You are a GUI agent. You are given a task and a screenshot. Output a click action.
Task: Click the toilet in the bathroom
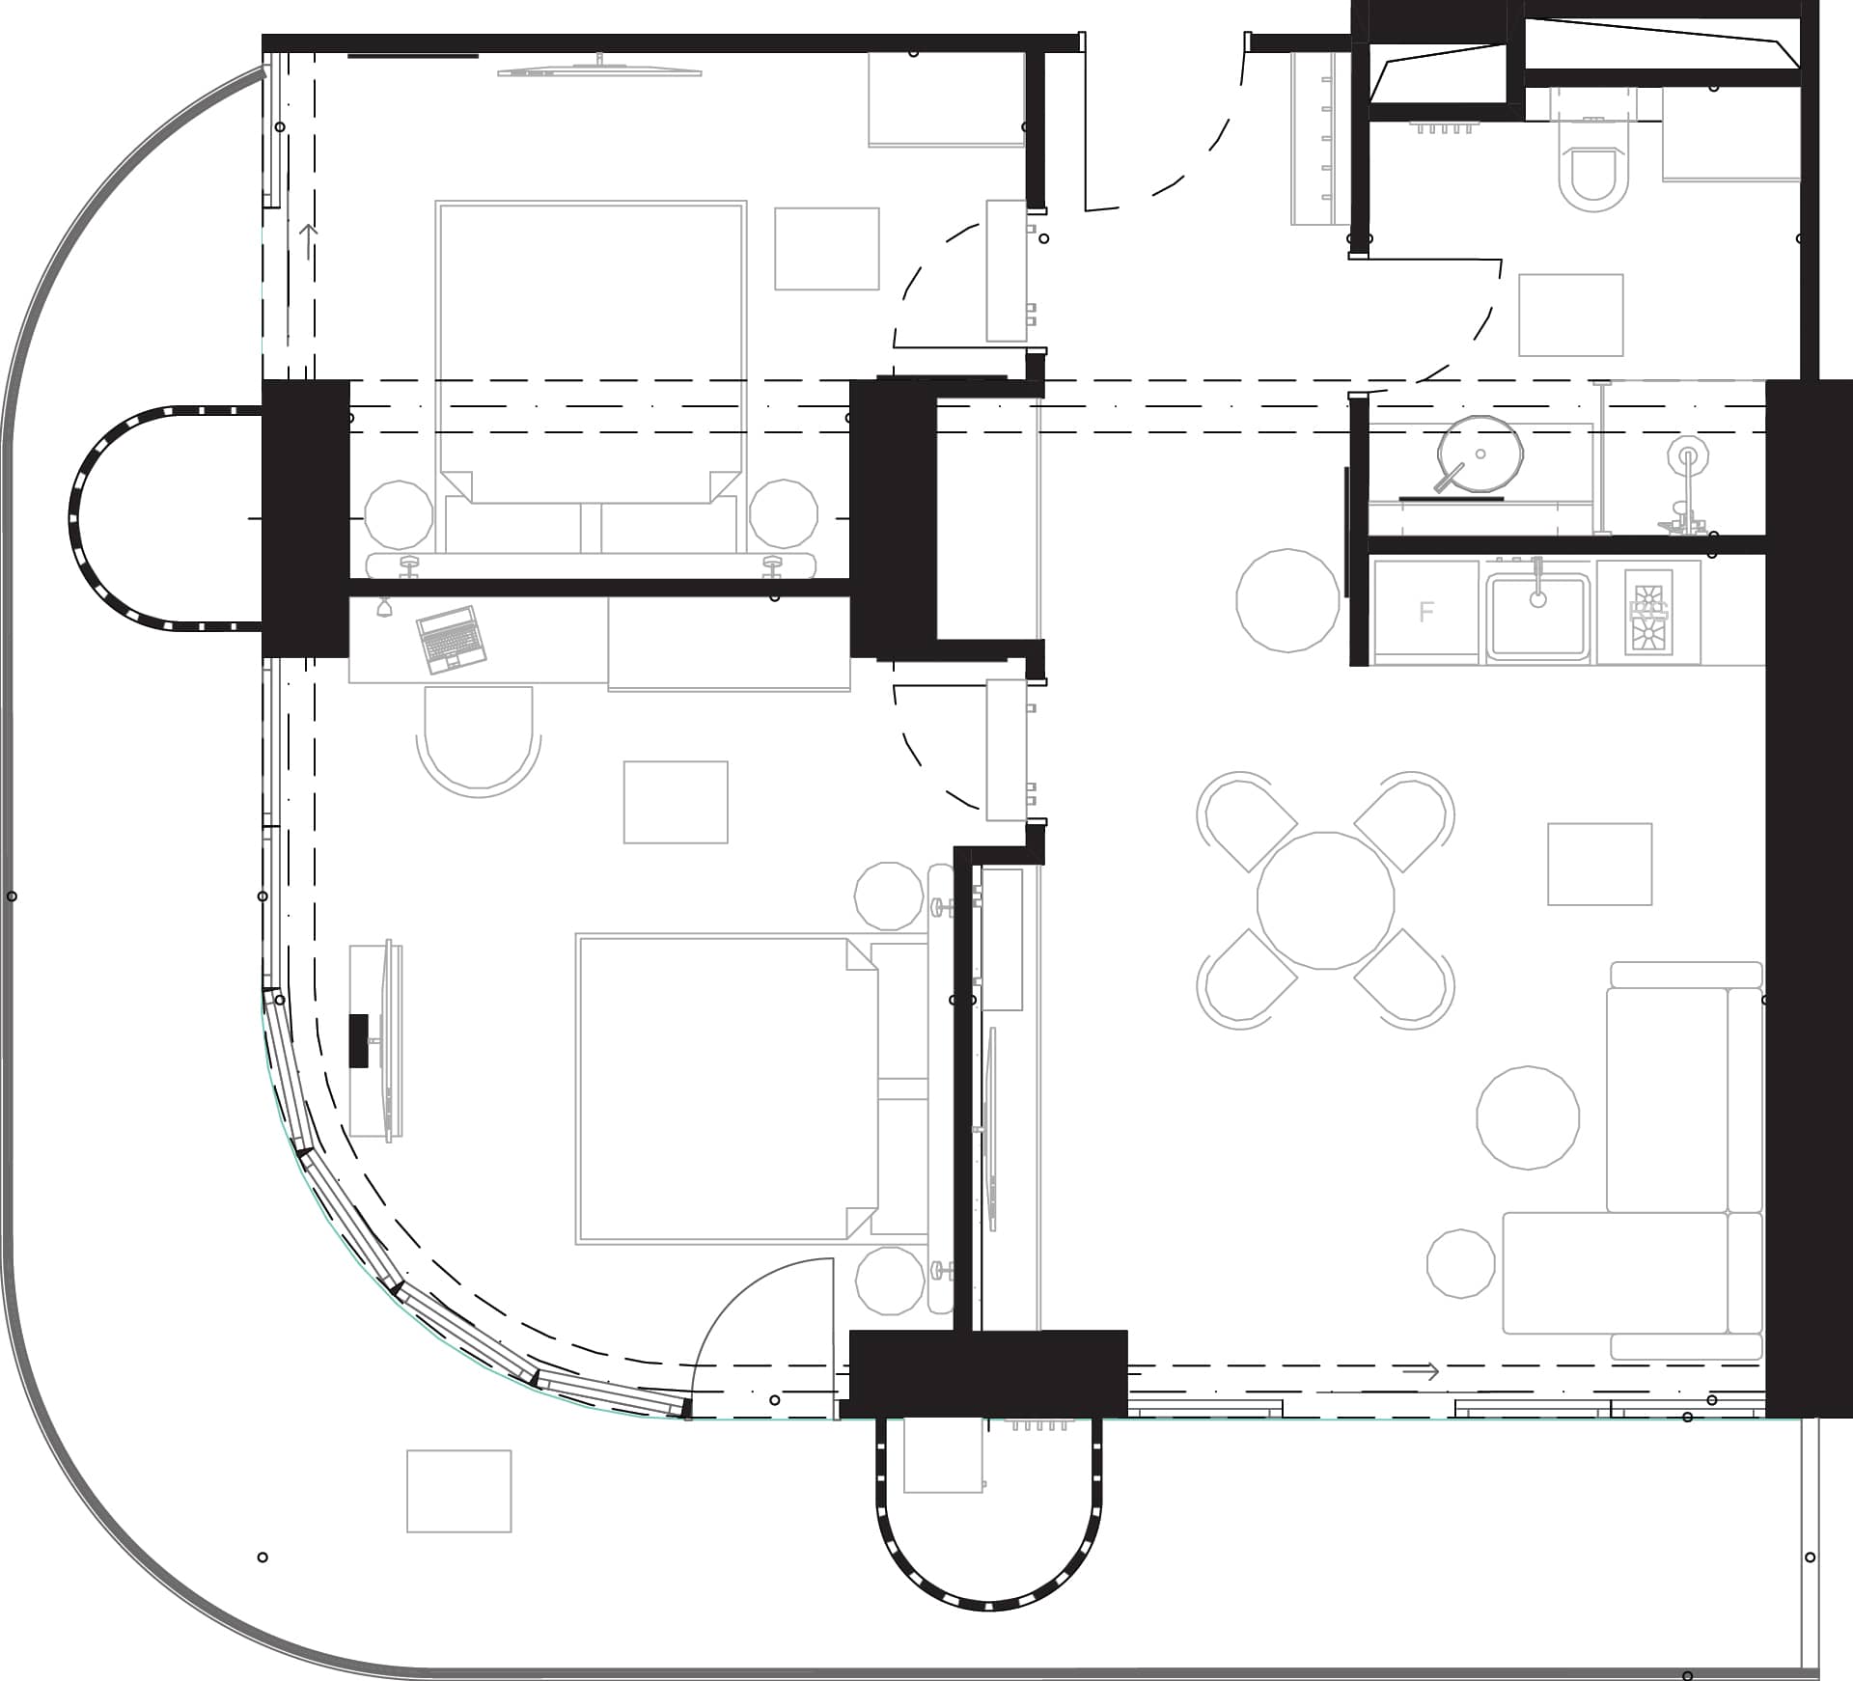(1592, 174)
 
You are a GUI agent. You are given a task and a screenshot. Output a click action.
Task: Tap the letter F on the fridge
(1426, 612)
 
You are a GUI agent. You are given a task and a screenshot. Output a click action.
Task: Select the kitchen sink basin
(1537, 616)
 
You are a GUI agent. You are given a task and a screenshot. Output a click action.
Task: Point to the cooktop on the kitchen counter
(1647, 612)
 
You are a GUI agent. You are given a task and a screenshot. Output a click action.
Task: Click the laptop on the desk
(450, 639)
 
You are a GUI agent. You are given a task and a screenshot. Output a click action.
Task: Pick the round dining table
(1325, 899)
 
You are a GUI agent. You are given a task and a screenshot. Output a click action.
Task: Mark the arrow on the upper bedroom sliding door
(308, 241)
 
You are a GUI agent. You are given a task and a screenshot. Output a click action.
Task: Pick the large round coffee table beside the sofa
(1528, 1117)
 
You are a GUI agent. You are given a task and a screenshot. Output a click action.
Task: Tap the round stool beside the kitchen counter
(1287, 599)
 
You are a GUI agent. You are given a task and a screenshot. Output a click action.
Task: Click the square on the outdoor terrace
(458, 1491)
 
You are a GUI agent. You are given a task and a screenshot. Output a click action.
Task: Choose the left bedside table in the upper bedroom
(399, 514)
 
